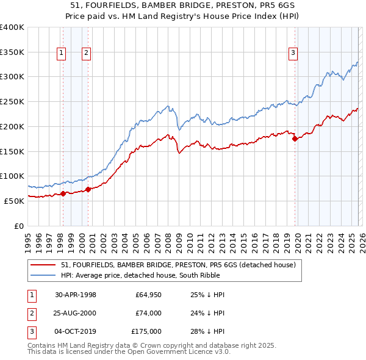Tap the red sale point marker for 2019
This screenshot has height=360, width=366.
click(x=295, y=139)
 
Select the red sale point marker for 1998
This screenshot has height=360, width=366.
click(x=63, y=193)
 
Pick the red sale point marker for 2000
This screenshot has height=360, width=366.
click(x=88, y=189)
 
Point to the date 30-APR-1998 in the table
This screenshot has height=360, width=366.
click(x=76, y=295)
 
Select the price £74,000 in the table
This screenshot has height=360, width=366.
click(x=148, y=313)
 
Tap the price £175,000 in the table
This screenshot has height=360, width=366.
click(x=146, y=331)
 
